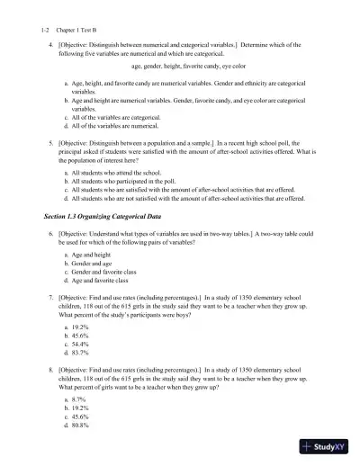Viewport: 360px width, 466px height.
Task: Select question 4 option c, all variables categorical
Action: tap(116, 117)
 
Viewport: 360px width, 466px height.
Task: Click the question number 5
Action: tap(51, 142)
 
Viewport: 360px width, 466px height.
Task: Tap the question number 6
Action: tap(51, 234)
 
